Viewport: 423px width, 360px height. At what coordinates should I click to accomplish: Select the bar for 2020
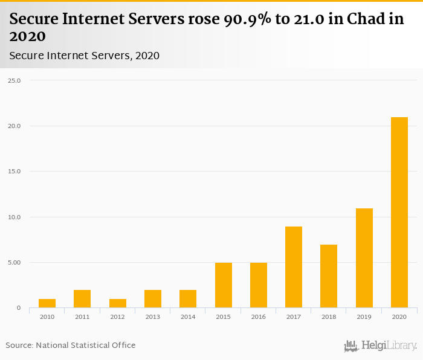coord(399,213)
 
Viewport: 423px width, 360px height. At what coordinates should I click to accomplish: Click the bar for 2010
coord(47,303)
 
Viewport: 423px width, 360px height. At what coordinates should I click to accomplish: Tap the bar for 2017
coord(294,267)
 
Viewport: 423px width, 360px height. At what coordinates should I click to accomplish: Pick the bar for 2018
coord(329,276)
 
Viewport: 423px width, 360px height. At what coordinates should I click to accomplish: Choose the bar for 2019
coord(364,258)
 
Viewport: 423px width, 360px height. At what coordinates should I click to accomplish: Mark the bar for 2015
coord(224,285)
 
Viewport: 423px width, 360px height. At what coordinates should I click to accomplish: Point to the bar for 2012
coord(118,303)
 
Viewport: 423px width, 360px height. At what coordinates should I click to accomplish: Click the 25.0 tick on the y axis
coord(14,80)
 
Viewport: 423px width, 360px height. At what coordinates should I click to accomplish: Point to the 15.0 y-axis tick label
coord(14,172)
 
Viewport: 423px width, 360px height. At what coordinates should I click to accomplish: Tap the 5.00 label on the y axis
coord(14,263)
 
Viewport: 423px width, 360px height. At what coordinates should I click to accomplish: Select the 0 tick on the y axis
coord(19,308)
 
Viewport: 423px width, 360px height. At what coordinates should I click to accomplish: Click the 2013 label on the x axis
coord(153,317)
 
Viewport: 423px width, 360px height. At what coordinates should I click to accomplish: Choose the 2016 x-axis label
coord(259,317)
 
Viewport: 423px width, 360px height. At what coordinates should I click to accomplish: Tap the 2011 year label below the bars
coord(82,317)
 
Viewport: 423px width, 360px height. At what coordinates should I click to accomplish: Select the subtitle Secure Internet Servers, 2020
coord(85,56)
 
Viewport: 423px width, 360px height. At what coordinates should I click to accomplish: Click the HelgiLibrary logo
coord(380,346)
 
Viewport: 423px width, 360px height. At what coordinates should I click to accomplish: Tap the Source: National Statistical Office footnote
coord(71,346)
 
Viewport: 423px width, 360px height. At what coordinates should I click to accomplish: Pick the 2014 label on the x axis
coord(188,317)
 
